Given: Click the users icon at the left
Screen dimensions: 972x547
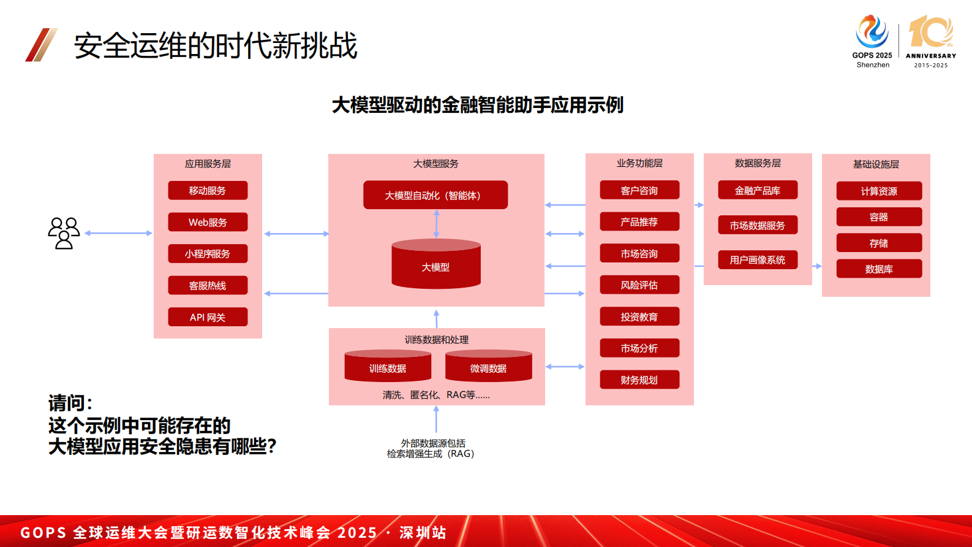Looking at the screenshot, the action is point(64,233).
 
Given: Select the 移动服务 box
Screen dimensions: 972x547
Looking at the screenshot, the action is point(208,190).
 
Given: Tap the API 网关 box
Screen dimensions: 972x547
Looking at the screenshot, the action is point(208,316).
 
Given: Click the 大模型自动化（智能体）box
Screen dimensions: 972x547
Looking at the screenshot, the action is point(435,195).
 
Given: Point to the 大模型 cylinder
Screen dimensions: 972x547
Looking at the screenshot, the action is point(435,264).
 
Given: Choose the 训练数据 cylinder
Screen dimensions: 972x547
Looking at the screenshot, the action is point(388,366).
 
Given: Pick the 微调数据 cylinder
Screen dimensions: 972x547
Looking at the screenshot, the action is point(489,366).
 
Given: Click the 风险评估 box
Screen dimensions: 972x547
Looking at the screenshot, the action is point(639,285).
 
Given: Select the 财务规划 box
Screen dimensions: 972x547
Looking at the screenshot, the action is point(639,380).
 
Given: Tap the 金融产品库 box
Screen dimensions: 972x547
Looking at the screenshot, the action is point(758,190).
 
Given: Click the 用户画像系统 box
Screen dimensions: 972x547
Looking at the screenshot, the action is point(758,260).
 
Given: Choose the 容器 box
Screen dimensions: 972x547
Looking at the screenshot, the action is point(879,217).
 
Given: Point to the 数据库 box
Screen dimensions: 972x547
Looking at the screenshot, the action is point(879,269).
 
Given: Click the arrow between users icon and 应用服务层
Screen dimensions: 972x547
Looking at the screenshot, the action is point(118,233).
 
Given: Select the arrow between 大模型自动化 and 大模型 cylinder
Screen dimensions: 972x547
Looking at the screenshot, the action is point(436,224).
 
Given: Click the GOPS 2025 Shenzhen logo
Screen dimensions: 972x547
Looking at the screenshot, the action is point(872,41).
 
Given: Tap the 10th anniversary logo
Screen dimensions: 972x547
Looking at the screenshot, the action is point(931,41).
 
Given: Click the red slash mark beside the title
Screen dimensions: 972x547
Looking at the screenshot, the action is point(41,45).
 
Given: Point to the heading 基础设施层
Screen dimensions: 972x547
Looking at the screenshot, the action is point(876,164).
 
